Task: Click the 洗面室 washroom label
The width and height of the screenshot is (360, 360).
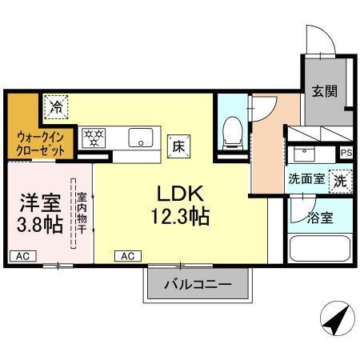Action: tap(306, 180)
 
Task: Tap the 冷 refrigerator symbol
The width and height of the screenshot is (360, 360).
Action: tap(56, 106)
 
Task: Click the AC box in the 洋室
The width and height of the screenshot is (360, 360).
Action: tap(23, 255)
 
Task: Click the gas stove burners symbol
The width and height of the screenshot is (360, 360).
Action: tap(94, 136)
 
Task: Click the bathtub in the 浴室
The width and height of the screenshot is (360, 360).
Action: tap(318, 246)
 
